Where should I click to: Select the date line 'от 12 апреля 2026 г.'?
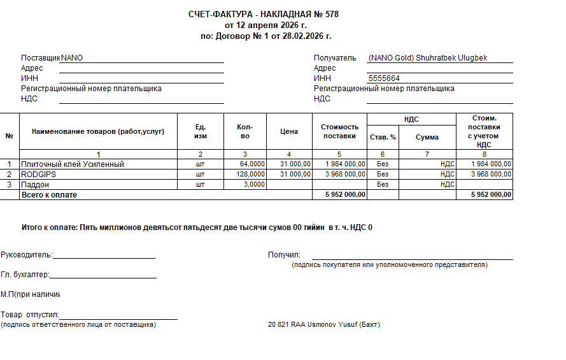265,25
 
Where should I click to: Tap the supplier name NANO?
72,58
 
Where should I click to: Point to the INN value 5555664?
385,78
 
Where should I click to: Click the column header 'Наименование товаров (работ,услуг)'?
98,132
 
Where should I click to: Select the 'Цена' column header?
288,132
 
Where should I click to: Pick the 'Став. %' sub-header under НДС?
383,137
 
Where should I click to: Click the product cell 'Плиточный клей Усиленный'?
73,164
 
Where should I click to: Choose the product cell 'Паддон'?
35,184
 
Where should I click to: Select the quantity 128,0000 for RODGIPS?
249,174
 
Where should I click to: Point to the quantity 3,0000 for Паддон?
253,184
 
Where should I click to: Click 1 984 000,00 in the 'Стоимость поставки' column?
345,164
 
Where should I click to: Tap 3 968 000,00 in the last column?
491,174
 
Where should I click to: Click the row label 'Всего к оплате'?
49,194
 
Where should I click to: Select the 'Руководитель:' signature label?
25,255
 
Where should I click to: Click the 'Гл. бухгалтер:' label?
25,275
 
